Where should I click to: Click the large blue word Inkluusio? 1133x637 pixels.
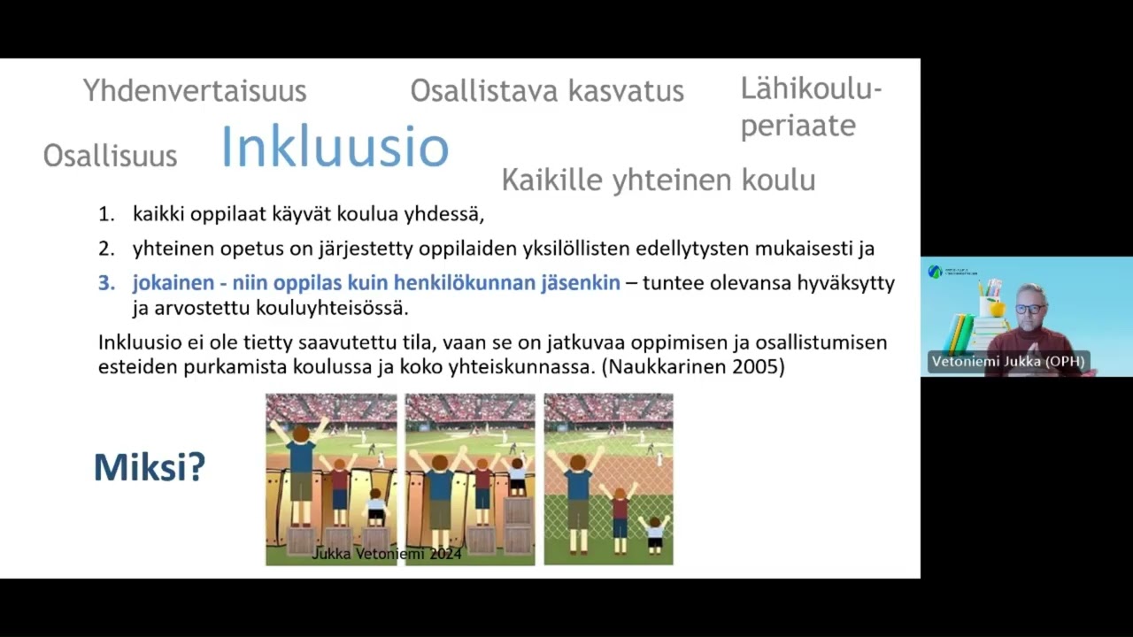pos(335,147)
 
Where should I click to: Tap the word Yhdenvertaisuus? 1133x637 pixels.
pos(195,90)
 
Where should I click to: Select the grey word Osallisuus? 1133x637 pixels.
pos(110,156)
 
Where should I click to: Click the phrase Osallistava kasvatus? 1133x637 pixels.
pos(547,90)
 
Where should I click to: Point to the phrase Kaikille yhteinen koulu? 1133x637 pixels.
pos(658,180)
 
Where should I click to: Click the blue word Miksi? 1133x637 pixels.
pos(149,466)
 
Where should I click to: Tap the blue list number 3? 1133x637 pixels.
pos(106,283)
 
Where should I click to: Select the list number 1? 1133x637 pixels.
pos(106,214)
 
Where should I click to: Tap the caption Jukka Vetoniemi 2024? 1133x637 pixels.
pos(387,554)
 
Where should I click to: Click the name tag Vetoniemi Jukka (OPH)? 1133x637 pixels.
pos(1007,361)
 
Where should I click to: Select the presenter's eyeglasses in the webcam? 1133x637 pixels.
pos(1029,309)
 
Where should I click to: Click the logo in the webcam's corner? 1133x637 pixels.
pos(936,272)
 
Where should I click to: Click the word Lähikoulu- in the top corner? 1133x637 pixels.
pos(811,88)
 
